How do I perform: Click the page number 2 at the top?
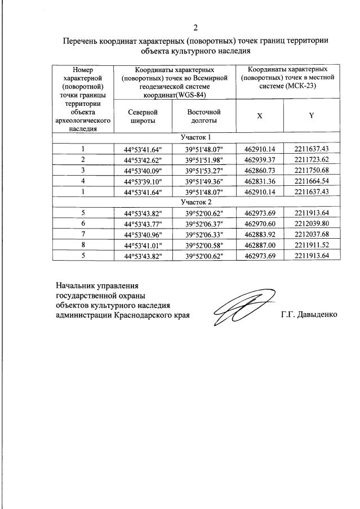pyautogui.click(x=195, y=28)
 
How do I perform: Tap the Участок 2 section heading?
pyautogui.click(x=195, y=202)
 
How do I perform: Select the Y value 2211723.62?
pyautogui.click(x=311, y=159)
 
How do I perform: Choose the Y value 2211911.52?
pyautogui.click(x=311, y=244)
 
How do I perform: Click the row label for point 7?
pyautogui.click(x=82, y=234)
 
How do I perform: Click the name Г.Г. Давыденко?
pyautogui.click(x=309, y=314)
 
